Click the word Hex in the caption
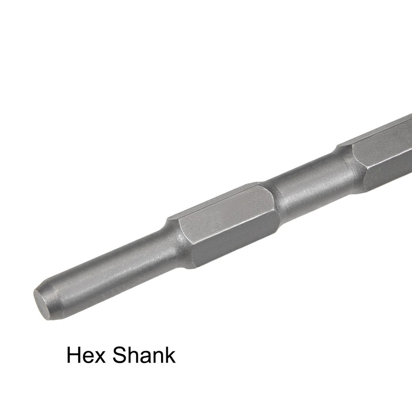(84, 355)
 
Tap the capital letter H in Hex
(74, 355)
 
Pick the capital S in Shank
(119, 355)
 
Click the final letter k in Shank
(170, 355)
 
